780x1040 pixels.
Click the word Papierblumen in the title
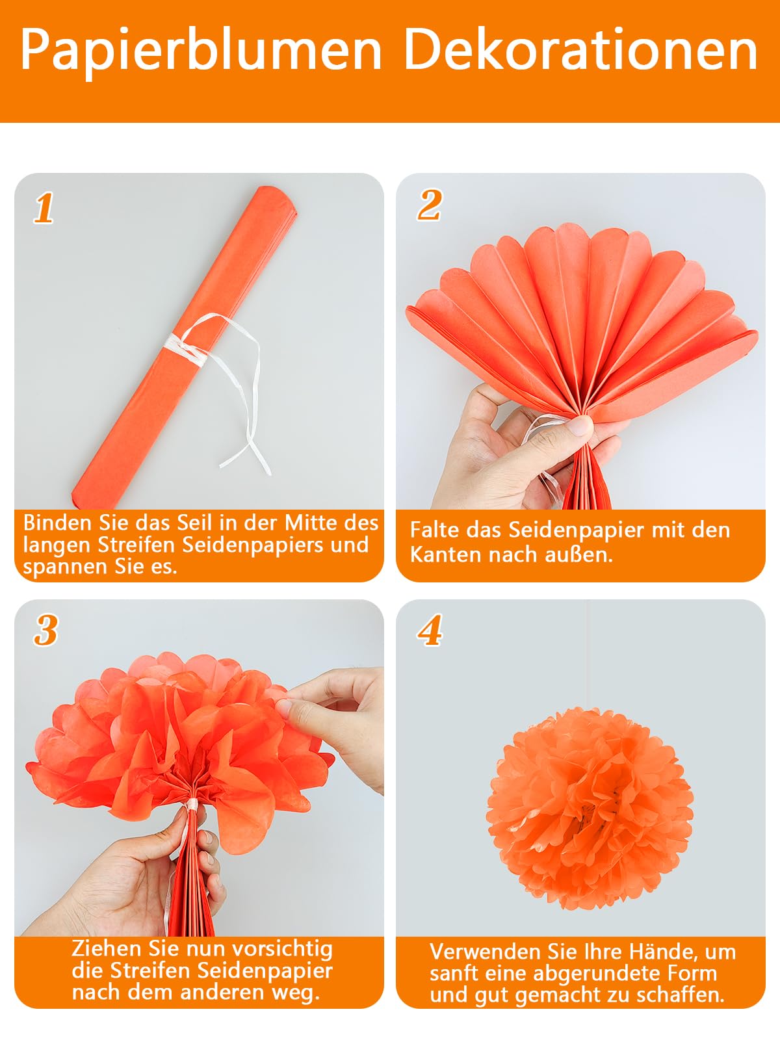200,51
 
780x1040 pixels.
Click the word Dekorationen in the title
580,51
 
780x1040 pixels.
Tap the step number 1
44,208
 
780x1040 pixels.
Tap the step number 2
430,205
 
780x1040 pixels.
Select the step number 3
45,630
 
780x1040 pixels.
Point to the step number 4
430,630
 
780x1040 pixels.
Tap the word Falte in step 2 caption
434,530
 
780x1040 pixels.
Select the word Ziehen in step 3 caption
107,948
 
